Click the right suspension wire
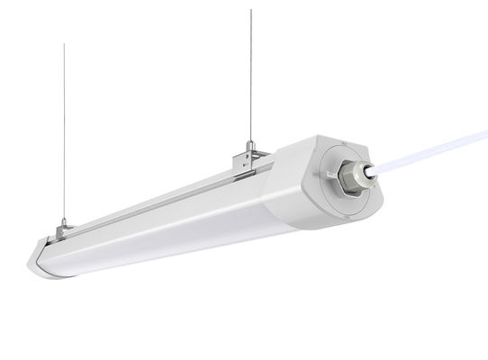click(251, 72)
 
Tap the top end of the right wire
click(251, 10)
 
